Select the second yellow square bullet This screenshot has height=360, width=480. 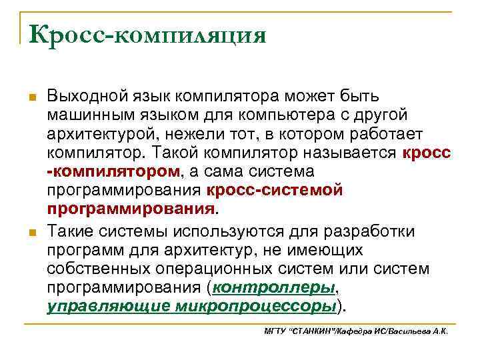tap(31, 233)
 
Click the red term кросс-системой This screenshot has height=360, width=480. tap(275, 191)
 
